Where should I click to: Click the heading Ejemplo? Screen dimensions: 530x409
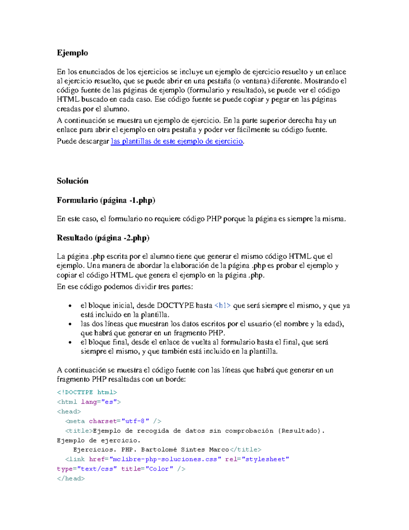(72, 53)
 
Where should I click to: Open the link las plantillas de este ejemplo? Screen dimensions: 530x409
(177, 141)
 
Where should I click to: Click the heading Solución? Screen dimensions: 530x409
(72, 181)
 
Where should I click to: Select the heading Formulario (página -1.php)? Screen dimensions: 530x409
(106, 200)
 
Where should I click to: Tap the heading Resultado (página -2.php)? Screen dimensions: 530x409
(103, 238)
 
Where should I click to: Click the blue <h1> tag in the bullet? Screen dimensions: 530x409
(223, 305)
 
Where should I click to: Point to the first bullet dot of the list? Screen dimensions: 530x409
(70, 306)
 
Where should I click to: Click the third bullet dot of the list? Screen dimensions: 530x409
(70, 343)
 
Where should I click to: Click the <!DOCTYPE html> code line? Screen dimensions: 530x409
(87, 392)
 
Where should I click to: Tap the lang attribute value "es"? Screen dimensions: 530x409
(109, 402)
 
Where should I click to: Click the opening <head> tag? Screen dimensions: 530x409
(69, 412)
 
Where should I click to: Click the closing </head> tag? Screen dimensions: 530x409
(71, 478)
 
